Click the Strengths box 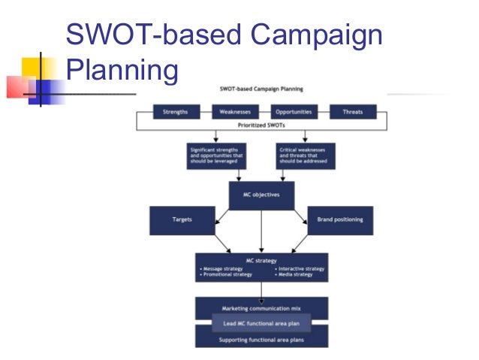click(175, 112)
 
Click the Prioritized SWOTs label click(261, 124)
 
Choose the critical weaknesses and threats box click(305, 156)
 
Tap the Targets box click(182, 220)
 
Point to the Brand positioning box click(340, 220)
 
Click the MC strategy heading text click(261, 261)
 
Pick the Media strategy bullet click(295, 275)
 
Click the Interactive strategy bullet click(300, 268)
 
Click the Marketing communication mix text click(261, 308)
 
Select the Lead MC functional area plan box click(261, 322)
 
